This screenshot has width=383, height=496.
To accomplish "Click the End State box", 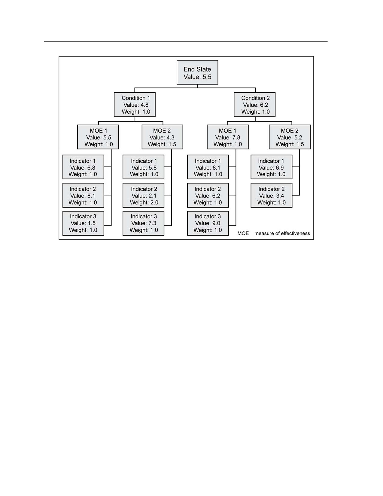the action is [197, 72].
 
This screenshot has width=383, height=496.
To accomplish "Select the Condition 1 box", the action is [135, 105].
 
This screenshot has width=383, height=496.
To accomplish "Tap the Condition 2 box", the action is [254, 105].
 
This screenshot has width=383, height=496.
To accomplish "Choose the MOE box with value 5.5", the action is [98, 137].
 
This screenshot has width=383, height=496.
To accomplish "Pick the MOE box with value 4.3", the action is [163, 137].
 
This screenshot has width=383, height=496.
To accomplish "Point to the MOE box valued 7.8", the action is [228, 137].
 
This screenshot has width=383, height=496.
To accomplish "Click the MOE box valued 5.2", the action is [290, 137].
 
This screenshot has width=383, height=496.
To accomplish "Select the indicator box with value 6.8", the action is [83, 167].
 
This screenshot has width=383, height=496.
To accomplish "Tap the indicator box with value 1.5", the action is [83, 223].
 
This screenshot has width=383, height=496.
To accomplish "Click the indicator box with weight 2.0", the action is [144, 195].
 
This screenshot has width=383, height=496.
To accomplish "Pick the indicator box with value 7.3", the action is [144, 223].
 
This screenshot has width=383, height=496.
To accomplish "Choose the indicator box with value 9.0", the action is [208, 223].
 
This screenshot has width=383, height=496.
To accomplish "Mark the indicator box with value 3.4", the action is [272, 195].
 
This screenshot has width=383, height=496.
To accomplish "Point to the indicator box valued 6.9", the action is [272, 167].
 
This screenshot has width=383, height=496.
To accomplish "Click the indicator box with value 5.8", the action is [144, 167].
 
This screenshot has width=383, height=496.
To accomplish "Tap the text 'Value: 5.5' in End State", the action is [198, 77].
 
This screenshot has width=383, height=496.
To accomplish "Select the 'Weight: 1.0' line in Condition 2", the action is [256, 112].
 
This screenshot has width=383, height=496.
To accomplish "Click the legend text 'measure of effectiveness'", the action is [282, 234].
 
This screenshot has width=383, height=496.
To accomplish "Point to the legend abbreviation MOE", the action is [243, 234].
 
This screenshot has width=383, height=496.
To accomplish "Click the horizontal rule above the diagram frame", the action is [186, 41].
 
